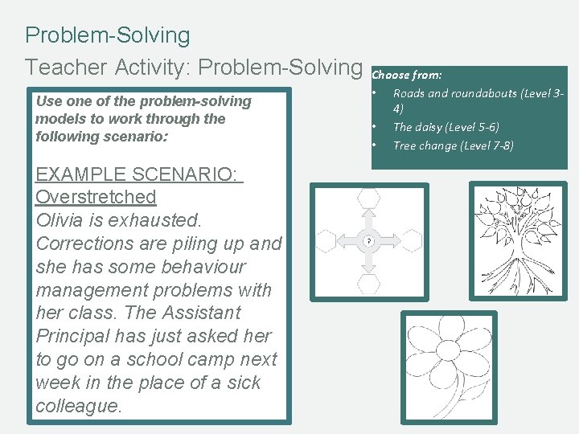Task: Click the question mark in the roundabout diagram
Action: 369,240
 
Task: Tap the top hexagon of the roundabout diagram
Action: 369,197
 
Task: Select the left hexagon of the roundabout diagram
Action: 324,240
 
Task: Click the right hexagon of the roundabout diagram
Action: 413,240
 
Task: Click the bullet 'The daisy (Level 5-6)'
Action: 446,127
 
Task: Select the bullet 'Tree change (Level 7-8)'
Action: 453,145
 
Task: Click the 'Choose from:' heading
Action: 407,75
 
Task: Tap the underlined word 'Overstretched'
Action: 96,197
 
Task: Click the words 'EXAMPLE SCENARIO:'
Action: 138,174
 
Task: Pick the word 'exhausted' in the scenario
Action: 158,220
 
